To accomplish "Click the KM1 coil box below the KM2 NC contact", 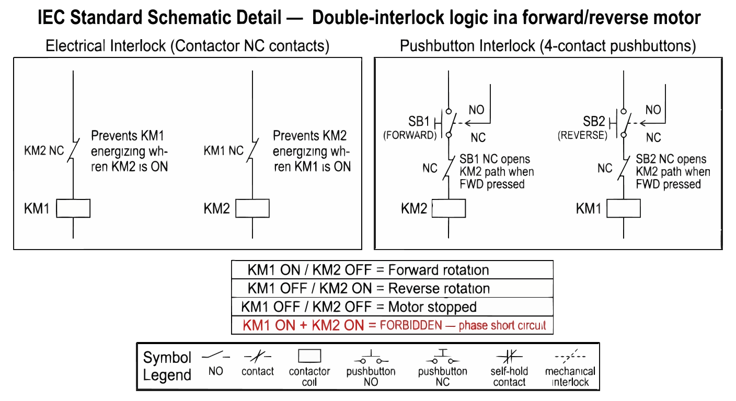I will [73, 208].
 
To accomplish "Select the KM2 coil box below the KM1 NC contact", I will [252, 208].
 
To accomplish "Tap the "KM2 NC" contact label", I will [44, 151].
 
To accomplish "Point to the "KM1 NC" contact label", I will [224, 151].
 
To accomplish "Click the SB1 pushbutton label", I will [419, 122].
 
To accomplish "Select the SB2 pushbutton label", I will [594, 122].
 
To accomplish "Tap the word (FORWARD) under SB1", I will [410, 135].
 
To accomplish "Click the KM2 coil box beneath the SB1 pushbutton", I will [448, 208].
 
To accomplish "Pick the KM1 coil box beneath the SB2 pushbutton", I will [624, 208].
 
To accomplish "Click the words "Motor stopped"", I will [432, 306].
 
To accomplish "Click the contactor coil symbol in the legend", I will [309, 356].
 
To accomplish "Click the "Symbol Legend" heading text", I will [167, 366].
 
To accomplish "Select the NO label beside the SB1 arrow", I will [477, 110].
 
